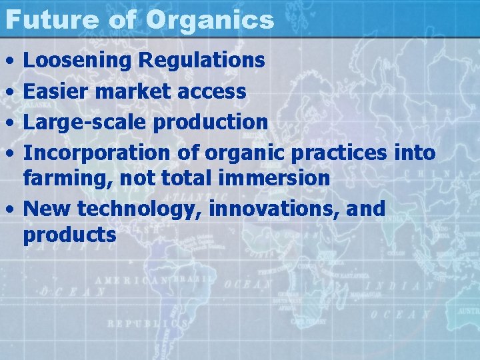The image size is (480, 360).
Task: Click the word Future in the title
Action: tap(51, 19)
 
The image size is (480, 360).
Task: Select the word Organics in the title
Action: tap(209, 20)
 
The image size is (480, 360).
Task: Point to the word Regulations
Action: tap(201, 61)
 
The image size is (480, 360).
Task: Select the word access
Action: tap(215, 91)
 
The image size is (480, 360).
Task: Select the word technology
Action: tap(141, 209)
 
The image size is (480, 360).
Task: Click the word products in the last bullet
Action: tap(69, 235)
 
